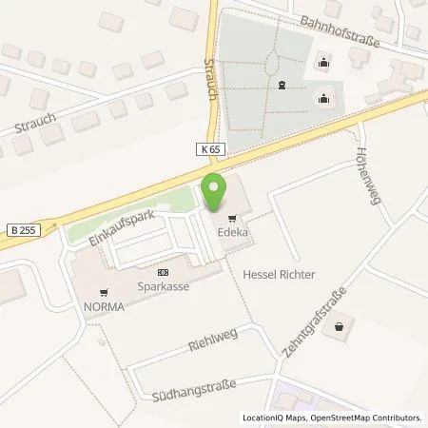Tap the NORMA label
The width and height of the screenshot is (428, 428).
point(105,305)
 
